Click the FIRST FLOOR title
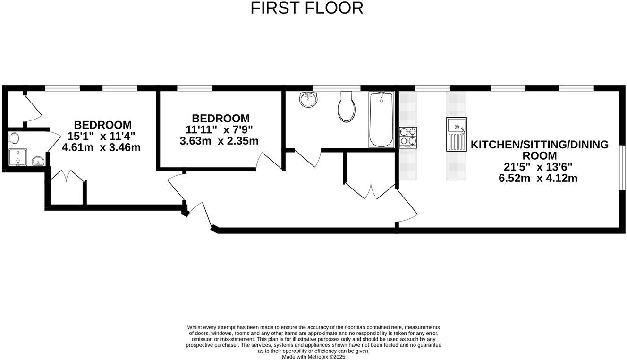tap(307, 8)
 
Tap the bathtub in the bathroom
tap(381, 120)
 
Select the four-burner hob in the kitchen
tap(408, 137)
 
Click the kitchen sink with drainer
tap(456, 134)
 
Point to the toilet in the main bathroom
tap(347, 107)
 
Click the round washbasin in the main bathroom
tap(309, 99)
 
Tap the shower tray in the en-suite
tap(17, 157)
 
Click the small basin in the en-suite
tap(38, 162)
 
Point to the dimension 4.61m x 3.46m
tap(101, 147)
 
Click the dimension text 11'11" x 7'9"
tap(219, 129)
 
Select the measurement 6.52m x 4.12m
tap(538, 178)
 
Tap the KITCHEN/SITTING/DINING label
tap(540, 145)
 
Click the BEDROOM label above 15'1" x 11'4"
tap(103, 125)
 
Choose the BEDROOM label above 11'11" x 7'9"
tap(220, 118)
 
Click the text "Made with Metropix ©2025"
tap(313, 357)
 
